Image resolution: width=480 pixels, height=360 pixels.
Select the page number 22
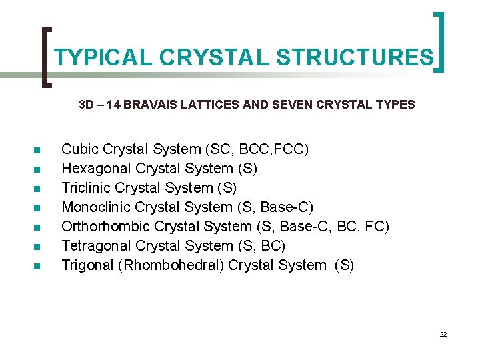(x=443, y=334)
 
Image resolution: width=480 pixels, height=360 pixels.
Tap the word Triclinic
(x=86, y=187)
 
